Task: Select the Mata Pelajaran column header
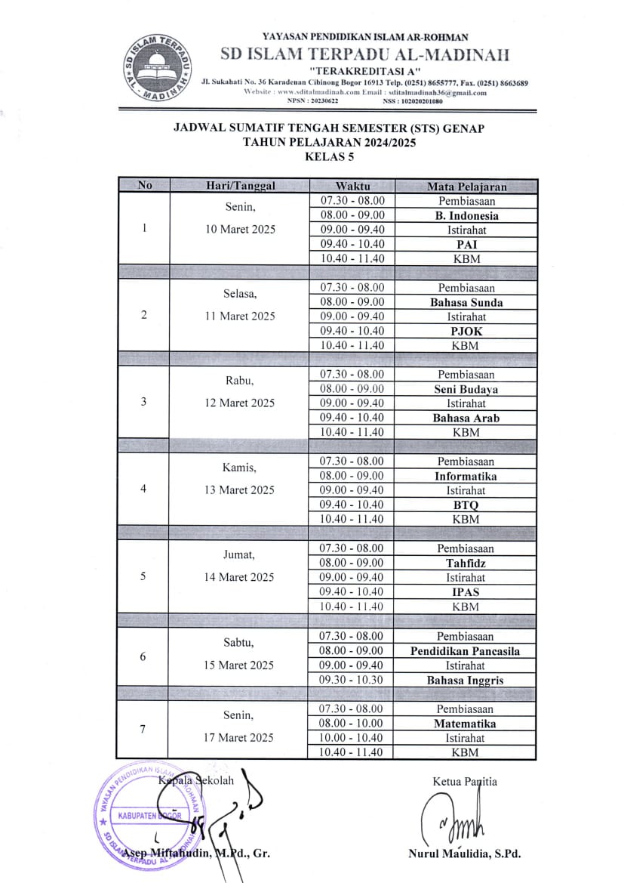click(466, 187)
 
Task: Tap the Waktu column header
click(352, 187)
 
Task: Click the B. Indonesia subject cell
click(466, 215)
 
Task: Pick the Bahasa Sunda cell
click(466, 302)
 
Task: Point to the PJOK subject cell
click(466, 331)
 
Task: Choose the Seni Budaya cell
click(466, 389)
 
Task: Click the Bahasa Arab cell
click(466, 418)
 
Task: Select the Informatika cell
click(466, 476)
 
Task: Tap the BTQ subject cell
click(466, 505)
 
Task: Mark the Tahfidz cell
click(466, 563)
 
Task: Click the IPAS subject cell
click(466, 592)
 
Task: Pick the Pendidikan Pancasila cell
click(466, 650)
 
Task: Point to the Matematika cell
click(466, 723)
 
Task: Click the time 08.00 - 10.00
click(352, 723)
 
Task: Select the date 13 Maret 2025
click(240, 490)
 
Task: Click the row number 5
click(144, 576)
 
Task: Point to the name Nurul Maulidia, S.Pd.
click(464, 854)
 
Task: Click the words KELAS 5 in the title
click(328, 157)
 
